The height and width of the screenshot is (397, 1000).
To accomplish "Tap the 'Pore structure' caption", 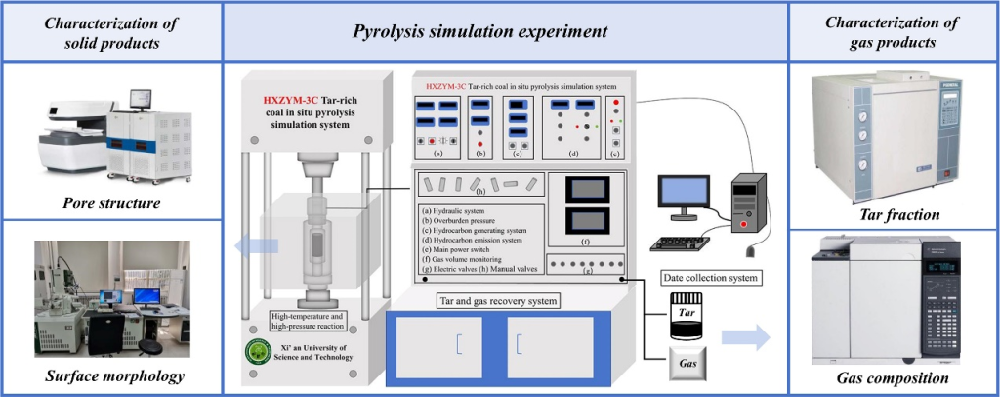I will point(109,204).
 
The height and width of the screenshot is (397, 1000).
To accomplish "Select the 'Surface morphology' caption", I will point(109,377).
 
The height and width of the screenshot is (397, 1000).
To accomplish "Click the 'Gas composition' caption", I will point(894,377).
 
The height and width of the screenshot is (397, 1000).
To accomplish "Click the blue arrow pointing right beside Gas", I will point(746,339).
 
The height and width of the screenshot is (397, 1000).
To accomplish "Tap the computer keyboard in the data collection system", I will point(687,243).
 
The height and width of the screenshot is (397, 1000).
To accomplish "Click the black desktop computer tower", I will point(747,203).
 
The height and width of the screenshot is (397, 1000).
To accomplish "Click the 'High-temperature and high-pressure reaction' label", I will point(305,321).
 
